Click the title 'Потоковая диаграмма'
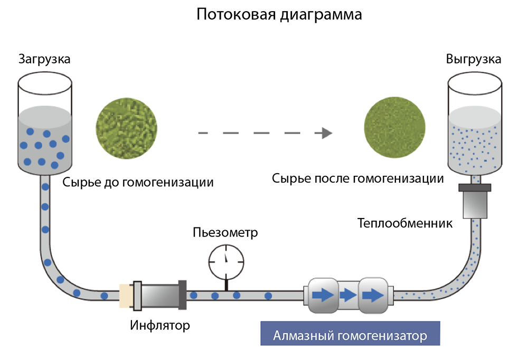[279, 14]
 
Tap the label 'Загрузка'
[44, 59]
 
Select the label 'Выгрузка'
[474, 59]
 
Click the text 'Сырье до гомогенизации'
[138, 183]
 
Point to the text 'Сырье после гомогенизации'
[358, 178]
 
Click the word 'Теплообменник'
[405, 223]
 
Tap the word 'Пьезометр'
[225, 232]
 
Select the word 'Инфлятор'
[159, 325]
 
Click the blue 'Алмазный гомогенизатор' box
[350, 336]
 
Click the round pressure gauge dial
[227, 259]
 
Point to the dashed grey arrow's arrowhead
[326, 133]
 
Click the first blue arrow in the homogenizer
[323, 295]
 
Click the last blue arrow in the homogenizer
[373, 295]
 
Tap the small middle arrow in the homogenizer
[347, 295]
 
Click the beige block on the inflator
[126, 295]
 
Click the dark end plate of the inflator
[182, 295]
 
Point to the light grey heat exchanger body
[475, 205]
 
